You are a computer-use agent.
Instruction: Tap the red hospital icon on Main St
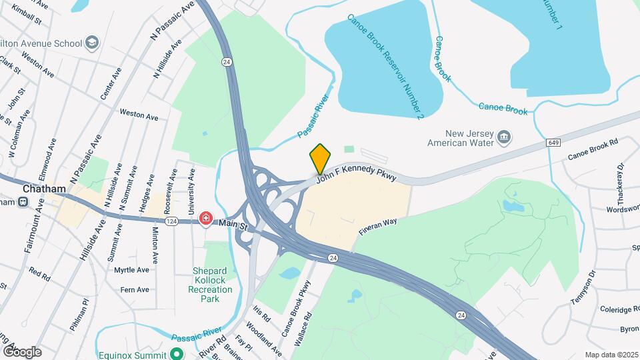(206, 219)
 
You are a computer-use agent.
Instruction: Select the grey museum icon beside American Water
(505, 139)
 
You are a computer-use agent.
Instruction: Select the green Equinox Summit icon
(177, 353)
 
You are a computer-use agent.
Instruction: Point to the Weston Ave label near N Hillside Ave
(139, 115)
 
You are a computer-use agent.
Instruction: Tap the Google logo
(22, 351)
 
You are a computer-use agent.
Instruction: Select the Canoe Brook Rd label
(593, 149)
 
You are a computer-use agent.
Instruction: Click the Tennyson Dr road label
(581, 285)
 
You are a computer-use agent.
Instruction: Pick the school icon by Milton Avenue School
(92, 43)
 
